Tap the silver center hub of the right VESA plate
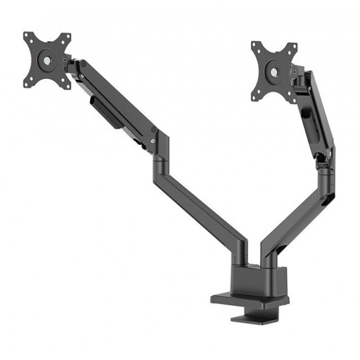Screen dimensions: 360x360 [274, 71]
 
